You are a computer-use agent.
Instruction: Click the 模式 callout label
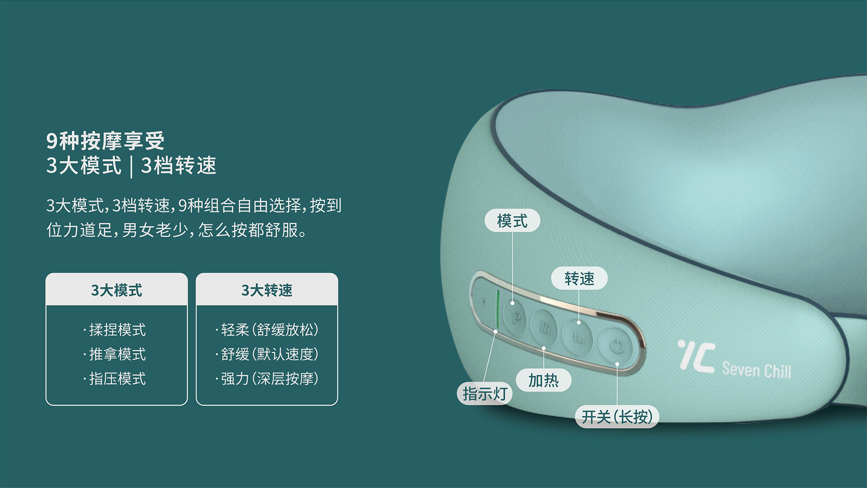pos(512,221)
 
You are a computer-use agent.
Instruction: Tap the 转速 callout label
pos(579,278)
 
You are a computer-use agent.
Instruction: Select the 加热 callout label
pos(543,380)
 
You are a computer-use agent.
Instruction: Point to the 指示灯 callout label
pos(485,393)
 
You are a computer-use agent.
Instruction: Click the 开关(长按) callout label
pos(617,417)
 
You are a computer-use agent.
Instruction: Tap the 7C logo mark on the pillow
pos(696,357)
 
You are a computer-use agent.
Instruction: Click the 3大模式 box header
pos(117,290)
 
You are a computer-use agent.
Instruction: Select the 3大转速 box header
pos(267,290)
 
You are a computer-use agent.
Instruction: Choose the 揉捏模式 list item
pos(115,330)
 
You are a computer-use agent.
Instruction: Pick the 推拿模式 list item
pos(115,354)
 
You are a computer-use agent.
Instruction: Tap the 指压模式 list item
pos(115,379)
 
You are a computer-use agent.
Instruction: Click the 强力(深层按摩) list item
pos(267,379)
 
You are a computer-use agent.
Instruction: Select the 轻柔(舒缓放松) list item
pos(267,330)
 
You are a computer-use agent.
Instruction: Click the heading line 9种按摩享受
pos(106,141)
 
